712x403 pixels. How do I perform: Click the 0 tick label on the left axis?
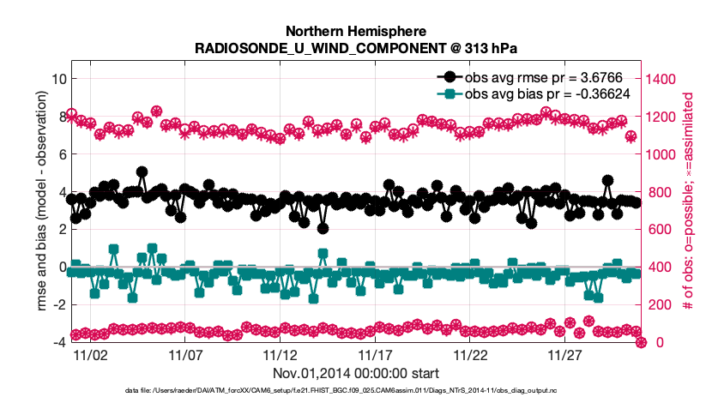point(60,267)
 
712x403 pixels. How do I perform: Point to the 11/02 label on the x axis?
point(89,354)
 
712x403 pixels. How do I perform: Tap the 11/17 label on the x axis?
point(375,354)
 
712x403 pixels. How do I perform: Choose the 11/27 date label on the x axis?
point(564,354)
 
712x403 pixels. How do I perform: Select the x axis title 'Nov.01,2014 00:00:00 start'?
point(356,373)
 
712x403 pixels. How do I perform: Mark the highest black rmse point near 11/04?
point(142,172)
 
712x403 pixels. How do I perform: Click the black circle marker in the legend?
point(446,76)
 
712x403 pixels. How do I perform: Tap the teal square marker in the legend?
point(446,93)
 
